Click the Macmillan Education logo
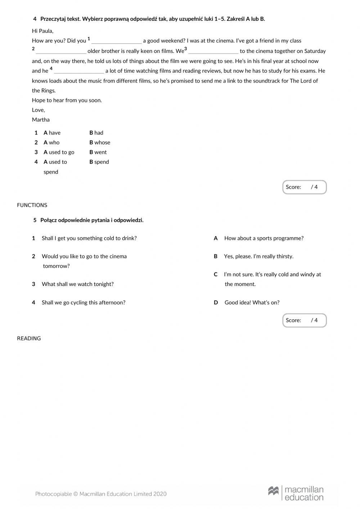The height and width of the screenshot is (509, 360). pos(296,493)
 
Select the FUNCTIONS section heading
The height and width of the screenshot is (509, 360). pos(32,205)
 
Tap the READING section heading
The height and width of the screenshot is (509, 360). pos(29,338)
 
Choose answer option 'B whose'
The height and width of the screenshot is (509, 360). pos(100,142)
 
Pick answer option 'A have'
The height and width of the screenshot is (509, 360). pos(52,133)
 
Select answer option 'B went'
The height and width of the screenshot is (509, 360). pos(98,152)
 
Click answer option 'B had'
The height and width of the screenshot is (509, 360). pos(96,133)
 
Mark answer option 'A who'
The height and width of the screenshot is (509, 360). pos(51,142)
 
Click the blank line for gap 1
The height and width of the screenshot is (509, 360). pos(116,42)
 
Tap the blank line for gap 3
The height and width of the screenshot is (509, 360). pos(213,52)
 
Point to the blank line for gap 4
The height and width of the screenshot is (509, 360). pos(79,72)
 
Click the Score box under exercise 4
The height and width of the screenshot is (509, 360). pos(304,187)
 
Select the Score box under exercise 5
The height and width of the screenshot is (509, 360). pos(304,320)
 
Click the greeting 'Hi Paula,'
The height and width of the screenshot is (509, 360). pos(42,31)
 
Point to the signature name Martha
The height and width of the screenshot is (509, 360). pos(41,120)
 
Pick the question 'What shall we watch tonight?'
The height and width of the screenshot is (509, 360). pos(77,284)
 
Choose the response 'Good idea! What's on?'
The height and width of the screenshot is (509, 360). pos(252,302)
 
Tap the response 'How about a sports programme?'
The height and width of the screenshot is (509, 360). pos(264,238)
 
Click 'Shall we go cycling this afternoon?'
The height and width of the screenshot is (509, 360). pos(83,302)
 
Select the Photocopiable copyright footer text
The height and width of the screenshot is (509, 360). pos(101,494)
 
